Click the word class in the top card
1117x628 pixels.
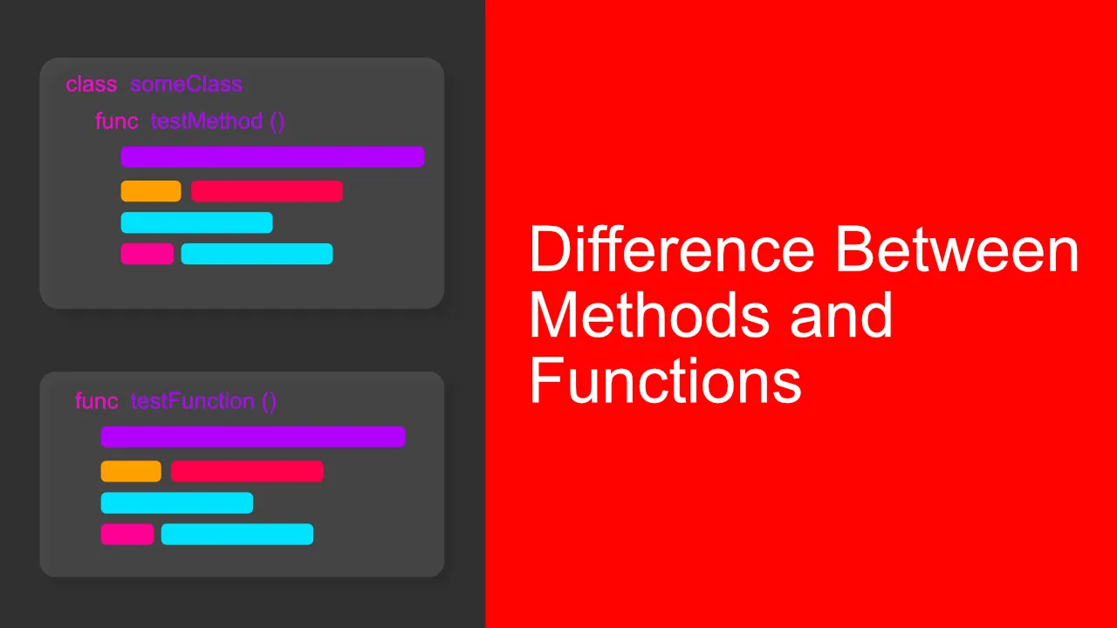pyautogui.click(x=91, y=85)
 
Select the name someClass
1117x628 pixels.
pyautogui.click(x=186, y=85)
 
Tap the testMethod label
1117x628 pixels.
pyautogui.click(x=207, y=121)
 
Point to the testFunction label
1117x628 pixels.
pyautogui.click(x=192, y=401)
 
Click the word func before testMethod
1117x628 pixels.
pyautogui.click(x=116, y=121)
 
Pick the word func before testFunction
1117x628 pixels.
pyautogui.click(x=96, y=401)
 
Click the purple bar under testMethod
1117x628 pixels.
pyautogui.click(x=272, y=157)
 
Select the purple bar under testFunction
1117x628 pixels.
pyautogui.click(x=253, y=437)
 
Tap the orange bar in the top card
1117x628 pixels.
pyautogui.click(x=151, y=191)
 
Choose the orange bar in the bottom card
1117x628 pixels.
pyautogui.click(x=131, y=471)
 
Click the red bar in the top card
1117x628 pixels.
pyautogui.click(x=267, y=191)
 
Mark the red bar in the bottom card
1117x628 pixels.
pyautogui.click(x=247, y=471)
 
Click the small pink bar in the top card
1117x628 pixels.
pyautogui.click(x=147, y=254)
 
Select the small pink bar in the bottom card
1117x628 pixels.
pyautogui.click(x=127, y=534)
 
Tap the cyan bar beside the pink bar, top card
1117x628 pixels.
pyautogui.click(x=257, y=254)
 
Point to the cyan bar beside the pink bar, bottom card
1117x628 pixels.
pyautogui.click(x=237, y=534)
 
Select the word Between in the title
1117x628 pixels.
pyautogui.click(x=957, y=249)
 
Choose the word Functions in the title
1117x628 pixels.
pyautogui.click(x=665, y=382)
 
